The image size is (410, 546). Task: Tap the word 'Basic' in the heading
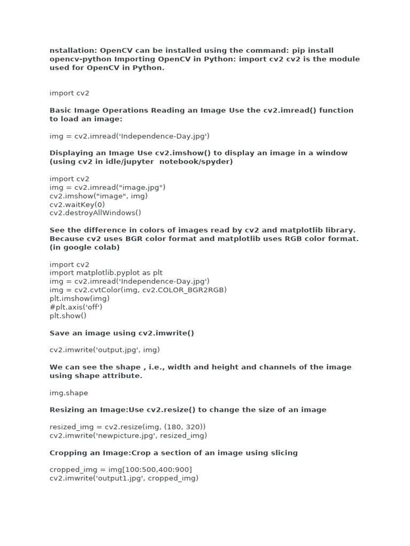(60, 110)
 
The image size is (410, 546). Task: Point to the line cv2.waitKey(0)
(77, 204)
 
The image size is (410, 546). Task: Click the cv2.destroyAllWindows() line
(96, 213)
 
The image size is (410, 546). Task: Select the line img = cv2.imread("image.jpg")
(107, 187)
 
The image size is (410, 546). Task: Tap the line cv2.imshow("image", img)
(99, 196)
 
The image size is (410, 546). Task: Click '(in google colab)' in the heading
(84, 247)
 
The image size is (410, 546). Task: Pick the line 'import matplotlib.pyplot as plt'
(106, 272)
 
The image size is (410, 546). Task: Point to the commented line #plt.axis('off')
(76, 307)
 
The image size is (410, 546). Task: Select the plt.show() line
(68, 315)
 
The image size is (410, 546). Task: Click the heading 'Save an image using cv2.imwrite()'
(122, 333)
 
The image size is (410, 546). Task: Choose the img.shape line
(69, 392)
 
